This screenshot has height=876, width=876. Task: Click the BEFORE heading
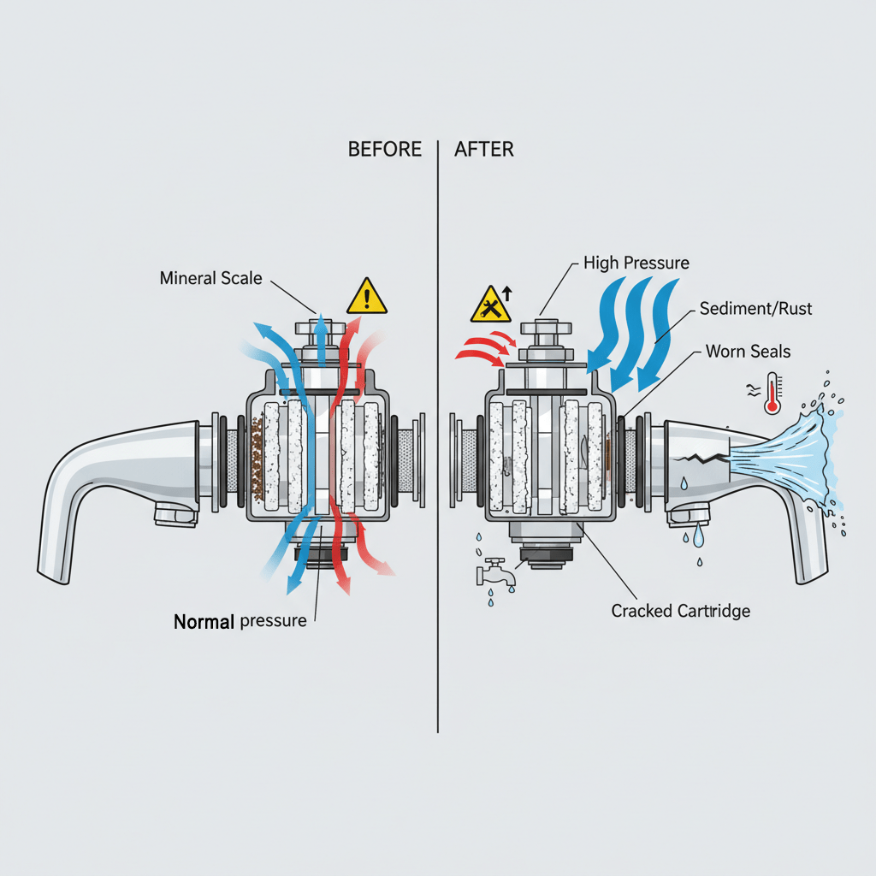pyautogui.click(x=384, y=150)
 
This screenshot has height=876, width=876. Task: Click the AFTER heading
pyautogui.click(x=484, y=150)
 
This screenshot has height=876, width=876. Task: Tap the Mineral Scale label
pyautogui.click(x=210, y=278)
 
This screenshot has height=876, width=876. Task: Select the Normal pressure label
pyautogui.click(x=240, y=621)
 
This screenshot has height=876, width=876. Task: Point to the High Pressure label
pyautogui.click(x=636, y=263)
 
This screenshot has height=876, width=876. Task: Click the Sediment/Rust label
pyautogui.click(x=755, y=308)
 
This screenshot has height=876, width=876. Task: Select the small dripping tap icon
pyautogui.click(x=495, y=571)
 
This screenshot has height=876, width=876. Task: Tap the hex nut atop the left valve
pyautogui.click(x=320, y=329)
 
